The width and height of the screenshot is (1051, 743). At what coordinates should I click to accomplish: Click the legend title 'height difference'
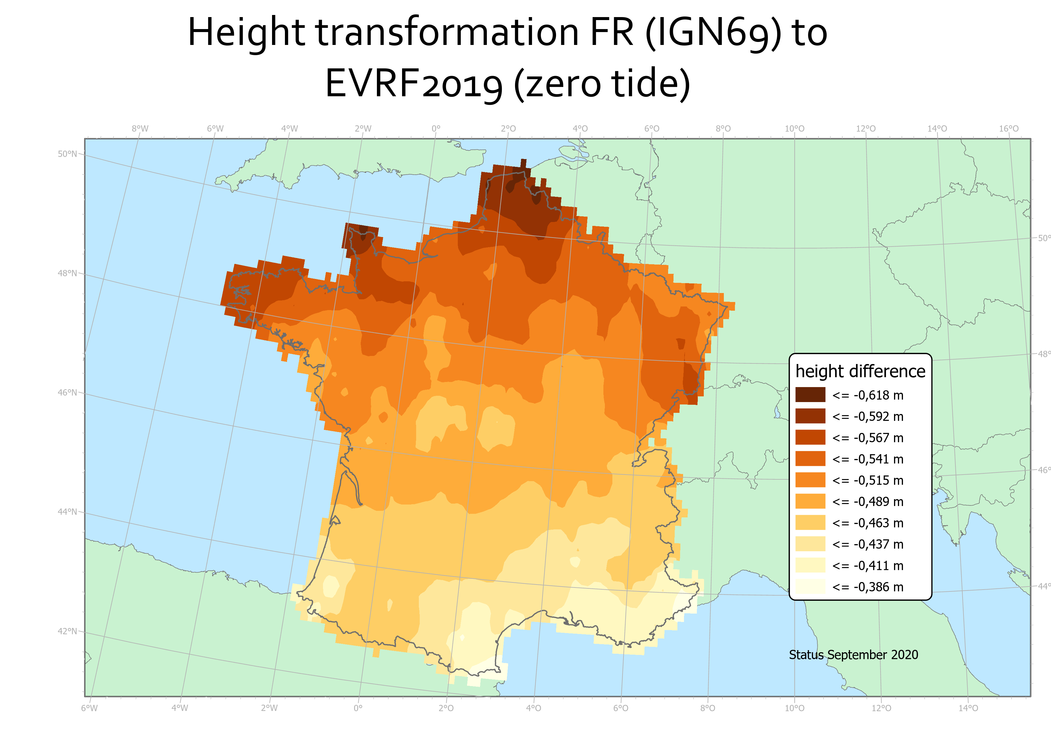(x=860, y=371)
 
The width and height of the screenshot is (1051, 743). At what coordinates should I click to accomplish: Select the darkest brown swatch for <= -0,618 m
(x=810, y=395)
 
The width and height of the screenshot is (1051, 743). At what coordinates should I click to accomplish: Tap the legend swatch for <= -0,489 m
(x=810, y=501)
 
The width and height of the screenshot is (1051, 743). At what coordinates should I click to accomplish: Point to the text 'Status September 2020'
(x=853, y=655)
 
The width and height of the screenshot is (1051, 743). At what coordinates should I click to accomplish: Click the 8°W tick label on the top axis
(x=140, y=129)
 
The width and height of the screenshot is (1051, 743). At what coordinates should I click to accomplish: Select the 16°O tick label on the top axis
(x=1009, y=129)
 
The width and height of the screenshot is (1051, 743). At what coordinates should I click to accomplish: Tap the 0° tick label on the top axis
(x=436, y=129)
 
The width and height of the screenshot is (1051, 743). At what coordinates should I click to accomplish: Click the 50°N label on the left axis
(x=67, y=154)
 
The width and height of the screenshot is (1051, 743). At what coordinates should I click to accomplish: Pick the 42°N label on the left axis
(x=67, y=631)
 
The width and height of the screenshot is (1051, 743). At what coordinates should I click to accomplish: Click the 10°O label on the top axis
(x=794, y=129)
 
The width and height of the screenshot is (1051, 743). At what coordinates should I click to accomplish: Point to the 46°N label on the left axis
(x=67, y=392)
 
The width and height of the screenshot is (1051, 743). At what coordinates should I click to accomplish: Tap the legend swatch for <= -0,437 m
(x=810, y=544)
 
